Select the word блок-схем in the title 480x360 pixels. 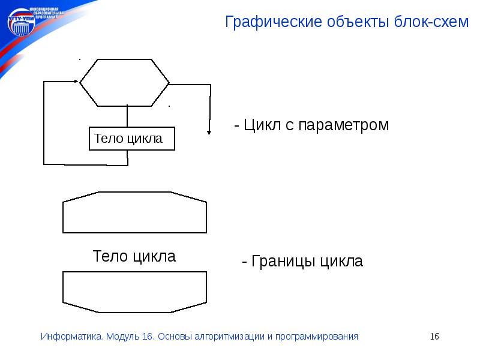(430, 23)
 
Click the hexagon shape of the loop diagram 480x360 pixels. (126, 82)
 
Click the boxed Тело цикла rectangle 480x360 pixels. (132, 139)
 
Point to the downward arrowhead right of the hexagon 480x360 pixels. (208, 131)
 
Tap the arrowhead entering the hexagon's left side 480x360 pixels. (77, 82)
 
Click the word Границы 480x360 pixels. (283, 262)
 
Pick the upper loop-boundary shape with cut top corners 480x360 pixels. (134, 212)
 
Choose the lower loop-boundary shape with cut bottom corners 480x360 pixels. (134, 292)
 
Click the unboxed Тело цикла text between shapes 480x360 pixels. (134, 257)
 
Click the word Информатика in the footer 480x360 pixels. (72, 337)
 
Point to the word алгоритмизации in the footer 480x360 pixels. (230, 337)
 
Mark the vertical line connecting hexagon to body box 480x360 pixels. (127, 116)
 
